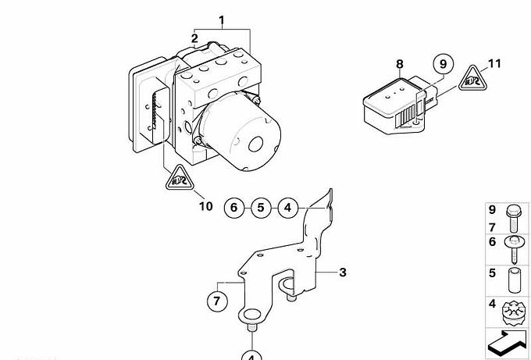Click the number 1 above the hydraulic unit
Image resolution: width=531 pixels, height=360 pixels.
coord(222,20)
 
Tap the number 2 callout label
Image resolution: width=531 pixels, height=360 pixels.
coord(194,37)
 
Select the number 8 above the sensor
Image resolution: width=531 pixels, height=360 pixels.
coord(399,64)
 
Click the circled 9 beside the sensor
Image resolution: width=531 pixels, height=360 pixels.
coord(442,64)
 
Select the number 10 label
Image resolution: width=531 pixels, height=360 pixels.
coord(205,206)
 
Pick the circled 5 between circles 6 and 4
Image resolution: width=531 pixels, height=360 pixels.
coord(262,208)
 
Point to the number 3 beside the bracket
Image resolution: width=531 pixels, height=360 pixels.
coord(341,272)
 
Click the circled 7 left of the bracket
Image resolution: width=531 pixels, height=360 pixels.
coord(216,299)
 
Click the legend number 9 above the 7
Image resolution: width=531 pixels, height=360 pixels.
coord(492,209)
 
